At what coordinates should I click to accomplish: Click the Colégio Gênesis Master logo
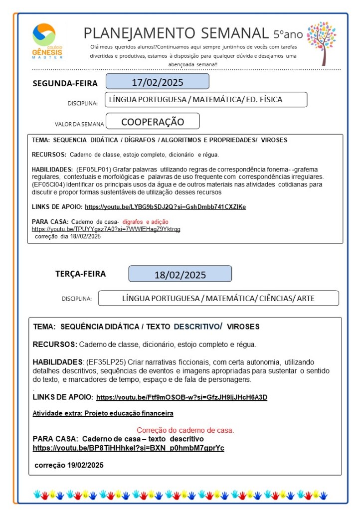click(x=47, y=41)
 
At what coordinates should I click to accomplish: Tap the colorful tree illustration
click(x=321, y=42)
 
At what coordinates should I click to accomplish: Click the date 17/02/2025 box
click(x=157, y=82)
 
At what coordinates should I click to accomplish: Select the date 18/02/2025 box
click(x=180, y=274)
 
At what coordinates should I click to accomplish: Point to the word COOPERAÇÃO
click(x=153, y=122)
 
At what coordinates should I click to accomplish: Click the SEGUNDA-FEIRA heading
click(x=65, y=83)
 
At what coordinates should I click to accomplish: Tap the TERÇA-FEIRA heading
click(x=80, y=274)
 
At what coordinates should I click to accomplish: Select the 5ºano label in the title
click(x=288, y=34)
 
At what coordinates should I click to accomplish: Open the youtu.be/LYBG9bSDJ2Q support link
click(x=165, y=206)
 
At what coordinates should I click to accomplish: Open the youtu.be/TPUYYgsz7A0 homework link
click(x=106, y=229)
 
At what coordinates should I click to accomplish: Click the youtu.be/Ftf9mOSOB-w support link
click(x=181, y=397)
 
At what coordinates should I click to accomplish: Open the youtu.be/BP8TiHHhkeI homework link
click(x=128, y=448)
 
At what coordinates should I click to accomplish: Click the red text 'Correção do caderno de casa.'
click(x=185, y=430)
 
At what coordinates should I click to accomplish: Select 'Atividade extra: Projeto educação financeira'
click(x=103, y=413)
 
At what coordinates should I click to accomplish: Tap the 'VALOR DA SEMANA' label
click(x=79, y=124)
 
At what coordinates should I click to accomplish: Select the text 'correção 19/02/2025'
click(x=69, y=465)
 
